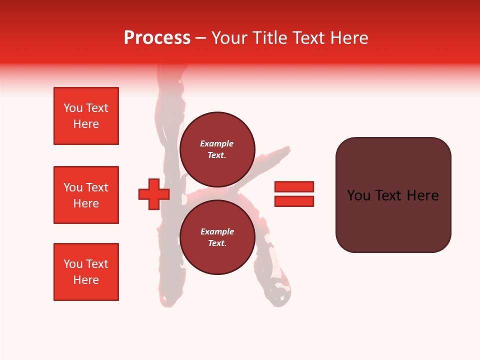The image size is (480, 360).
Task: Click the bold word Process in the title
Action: (157, 38)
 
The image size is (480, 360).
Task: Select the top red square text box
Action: (86, 116)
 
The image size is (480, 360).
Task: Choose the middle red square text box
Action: (86, 195)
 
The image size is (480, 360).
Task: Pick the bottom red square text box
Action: (86, 272)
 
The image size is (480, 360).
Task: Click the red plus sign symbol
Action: (154, 194)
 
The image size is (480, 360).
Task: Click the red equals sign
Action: (294, 194)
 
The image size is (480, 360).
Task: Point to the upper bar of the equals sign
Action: (294, 186)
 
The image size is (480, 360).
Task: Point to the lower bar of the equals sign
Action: (294, 201)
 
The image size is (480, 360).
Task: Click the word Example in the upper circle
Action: (217, 143)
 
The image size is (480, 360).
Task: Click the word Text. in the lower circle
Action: (217, 243)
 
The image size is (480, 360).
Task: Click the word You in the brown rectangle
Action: (358, 195)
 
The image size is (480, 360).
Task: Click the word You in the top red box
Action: (72, 108)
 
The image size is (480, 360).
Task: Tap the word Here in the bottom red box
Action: (86, 280)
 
